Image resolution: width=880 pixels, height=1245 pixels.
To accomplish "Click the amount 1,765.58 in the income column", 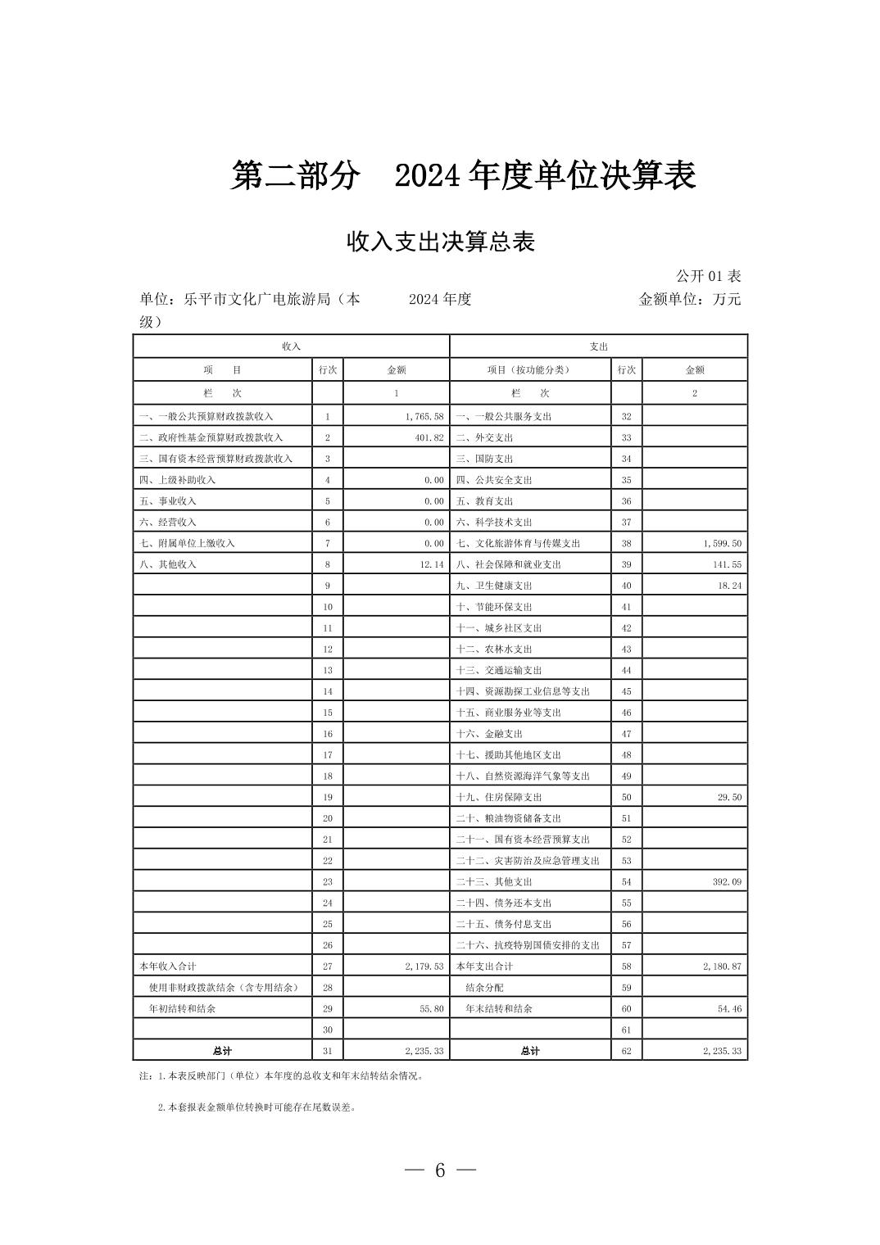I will coord(424,416).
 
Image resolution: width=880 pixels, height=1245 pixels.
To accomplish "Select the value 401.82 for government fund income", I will coord(429,437).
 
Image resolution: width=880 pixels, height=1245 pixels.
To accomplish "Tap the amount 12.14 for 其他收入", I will coord(431,564).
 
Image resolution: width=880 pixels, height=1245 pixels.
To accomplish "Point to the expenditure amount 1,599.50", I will coord(721,543).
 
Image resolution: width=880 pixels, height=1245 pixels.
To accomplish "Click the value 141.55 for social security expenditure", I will coord(726,564).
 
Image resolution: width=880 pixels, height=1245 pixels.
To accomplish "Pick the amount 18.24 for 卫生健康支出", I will coord(728,586).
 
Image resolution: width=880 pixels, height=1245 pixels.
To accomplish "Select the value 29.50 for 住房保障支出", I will coord(728,797).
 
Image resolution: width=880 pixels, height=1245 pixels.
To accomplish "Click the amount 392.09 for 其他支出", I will coord(726,882).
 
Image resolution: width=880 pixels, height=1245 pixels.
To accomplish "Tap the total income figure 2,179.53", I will coord(424,967).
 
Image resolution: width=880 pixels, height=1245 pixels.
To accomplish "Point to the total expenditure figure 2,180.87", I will coord(721,967).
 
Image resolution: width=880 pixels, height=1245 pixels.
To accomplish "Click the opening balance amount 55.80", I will coord(431,1009).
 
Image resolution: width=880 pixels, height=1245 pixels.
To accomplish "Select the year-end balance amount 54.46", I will coord(728,1009).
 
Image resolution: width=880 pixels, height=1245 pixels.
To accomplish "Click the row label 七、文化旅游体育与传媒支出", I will coord(518,543).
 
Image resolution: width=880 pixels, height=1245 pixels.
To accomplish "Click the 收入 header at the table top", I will coord(292,346).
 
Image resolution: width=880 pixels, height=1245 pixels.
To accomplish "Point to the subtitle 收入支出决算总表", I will coord(441,242).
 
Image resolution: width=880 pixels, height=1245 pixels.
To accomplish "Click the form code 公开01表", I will coord(708,276).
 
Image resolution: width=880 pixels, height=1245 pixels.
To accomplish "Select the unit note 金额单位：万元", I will coord(689,299).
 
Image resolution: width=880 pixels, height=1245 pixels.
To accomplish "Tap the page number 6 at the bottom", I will coord(440,1170).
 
